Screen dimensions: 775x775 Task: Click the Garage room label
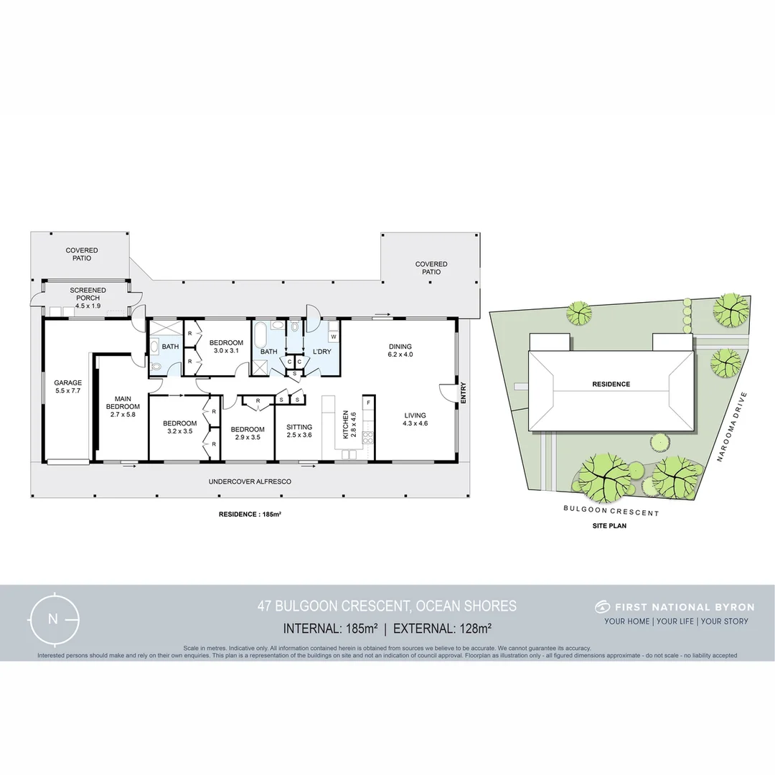click(x=68, y=387)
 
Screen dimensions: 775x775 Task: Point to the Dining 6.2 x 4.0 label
click(x=400, y=350)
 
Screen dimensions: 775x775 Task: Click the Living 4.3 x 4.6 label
click(x=415, y=419)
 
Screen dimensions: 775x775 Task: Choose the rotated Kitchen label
click(x=349, y=425)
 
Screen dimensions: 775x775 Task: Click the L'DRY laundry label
click(x=321, y=352)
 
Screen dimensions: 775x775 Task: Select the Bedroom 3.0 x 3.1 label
click(x=226, y=347)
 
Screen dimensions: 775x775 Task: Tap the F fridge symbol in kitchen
click(x=368, y=403)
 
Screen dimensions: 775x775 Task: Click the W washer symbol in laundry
click(x=334, y=336)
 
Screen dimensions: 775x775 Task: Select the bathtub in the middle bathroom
click(x=260, y=334)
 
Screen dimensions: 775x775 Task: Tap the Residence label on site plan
click(x=611, y=384)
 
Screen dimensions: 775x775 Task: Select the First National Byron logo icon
click(x=602, y=607)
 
